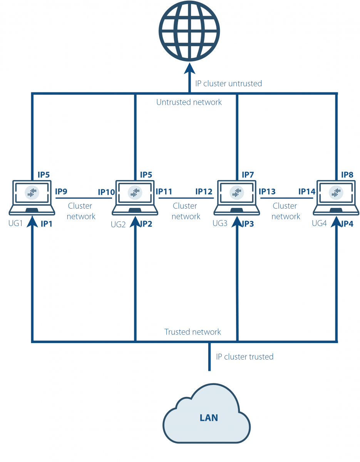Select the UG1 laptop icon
tap(32, 197)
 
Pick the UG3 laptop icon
tap(236, 197)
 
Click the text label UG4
tap(319, 223)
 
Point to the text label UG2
tap(118, 224)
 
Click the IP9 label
tap(61, 191)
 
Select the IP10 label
tap(106, 192)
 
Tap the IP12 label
tap(204, 191)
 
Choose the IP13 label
tap(267, 191)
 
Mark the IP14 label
tap(307, 191)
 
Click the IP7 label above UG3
tap(248, 175)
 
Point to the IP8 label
tap(347, 175)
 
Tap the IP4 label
tap(347, 224)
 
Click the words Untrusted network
tap(189, 102)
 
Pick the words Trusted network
tap(193, 332)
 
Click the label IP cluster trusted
tap(244, 357)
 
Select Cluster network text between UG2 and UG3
tap(186, 211)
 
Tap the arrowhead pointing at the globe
tap(189, 69)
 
